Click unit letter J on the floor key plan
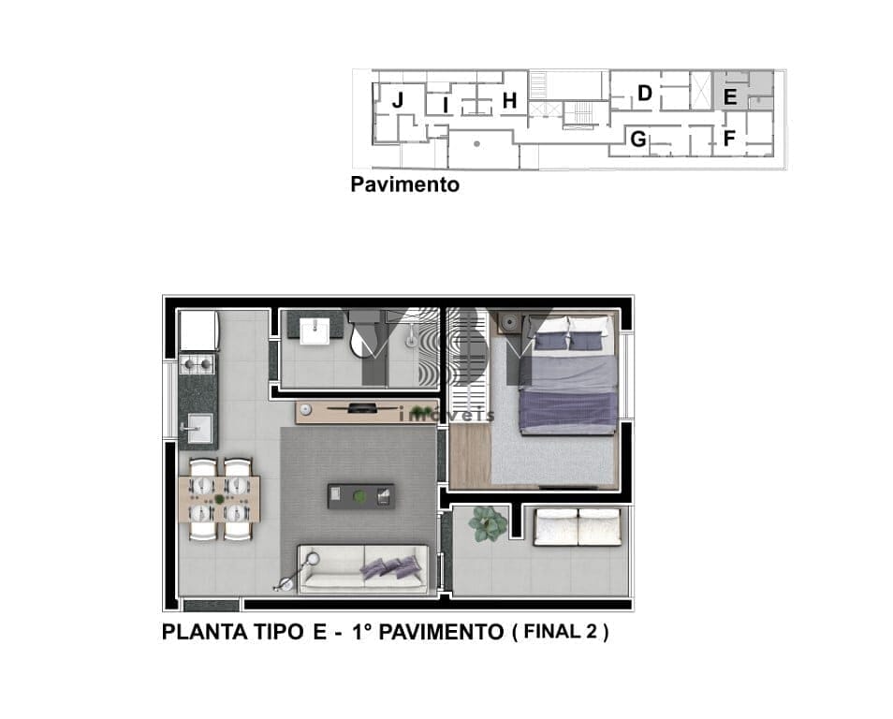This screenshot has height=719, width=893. (398, 100)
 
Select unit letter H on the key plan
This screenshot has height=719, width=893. (509, 101)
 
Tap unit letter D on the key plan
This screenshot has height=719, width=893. (645, 93)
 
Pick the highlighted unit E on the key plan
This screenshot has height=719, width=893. (730, 97)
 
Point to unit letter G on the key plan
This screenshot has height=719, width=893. (639, 139)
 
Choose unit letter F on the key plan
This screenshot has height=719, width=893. (729, 138)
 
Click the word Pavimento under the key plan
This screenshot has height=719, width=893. (405, 184)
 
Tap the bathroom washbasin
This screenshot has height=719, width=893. (315, 331)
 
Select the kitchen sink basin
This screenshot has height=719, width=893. (199, 427)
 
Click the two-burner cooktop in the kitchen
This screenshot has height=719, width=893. (198, 363)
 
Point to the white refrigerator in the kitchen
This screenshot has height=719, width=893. (198, 330)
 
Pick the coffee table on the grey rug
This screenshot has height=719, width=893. (361, 496)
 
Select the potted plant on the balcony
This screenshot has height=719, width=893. (488, 523)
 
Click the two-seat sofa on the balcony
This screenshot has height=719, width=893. (578, 528)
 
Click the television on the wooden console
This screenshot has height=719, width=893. (363, 407)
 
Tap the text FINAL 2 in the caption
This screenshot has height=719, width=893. (561, 631)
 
